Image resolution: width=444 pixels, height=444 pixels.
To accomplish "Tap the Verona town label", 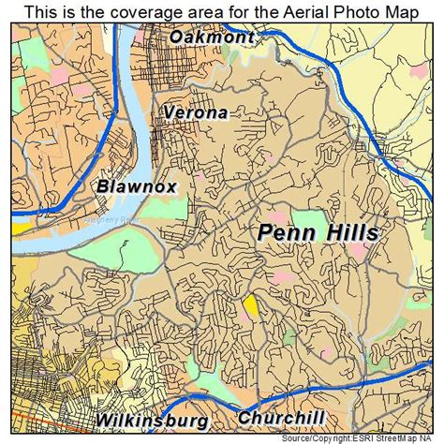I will pyautogui.click(x=196, y=112).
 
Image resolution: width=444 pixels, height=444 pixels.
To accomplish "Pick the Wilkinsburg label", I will pyautogui.click(x=151, y=419).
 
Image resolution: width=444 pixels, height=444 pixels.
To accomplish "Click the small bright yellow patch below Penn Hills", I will pyautogui.click(x=251, y=305).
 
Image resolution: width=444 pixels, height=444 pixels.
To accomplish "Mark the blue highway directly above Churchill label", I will pyautogui.click(x=281, y=398).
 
